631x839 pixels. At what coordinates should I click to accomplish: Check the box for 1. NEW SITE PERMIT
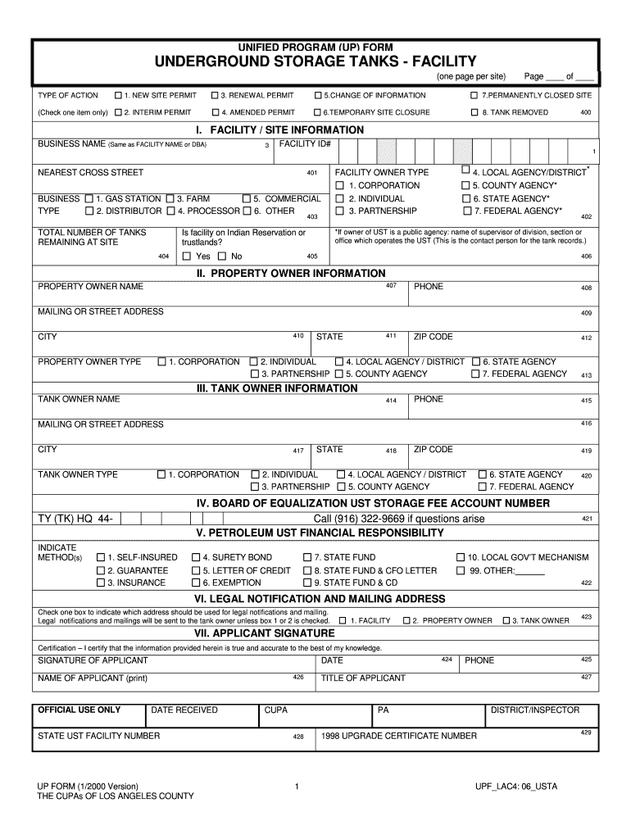click(118, 96)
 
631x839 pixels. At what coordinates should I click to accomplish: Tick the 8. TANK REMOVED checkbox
click(474, 112)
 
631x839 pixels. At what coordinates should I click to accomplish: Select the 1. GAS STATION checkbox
click(89, 199)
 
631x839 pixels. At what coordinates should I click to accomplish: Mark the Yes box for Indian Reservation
click(186, 256)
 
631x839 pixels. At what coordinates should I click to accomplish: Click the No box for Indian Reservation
click(221, 256)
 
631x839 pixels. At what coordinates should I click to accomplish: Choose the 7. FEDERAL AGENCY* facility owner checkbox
click(465, 211)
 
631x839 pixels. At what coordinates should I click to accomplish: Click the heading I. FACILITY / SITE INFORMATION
click(279, 130)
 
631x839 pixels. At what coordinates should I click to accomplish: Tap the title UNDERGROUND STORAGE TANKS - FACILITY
click(315, 61)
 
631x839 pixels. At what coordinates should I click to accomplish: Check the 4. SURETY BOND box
click(196, 558)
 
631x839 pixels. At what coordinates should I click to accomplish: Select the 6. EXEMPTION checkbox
click(196, 583)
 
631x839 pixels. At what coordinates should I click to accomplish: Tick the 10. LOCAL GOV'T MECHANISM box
click(461, 558)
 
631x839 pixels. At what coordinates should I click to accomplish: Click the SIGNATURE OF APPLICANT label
click(93, 660)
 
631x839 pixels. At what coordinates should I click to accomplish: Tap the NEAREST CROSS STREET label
click(90, 173)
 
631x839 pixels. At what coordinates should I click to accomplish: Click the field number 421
click(587, 519)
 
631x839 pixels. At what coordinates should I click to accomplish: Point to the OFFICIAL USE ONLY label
click(79, 710)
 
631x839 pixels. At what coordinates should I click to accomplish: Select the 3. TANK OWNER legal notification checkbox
click(506, 621)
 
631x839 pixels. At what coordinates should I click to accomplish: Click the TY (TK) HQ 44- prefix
click(75, 519)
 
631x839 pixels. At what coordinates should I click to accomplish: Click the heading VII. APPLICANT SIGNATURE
click(264, 633)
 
